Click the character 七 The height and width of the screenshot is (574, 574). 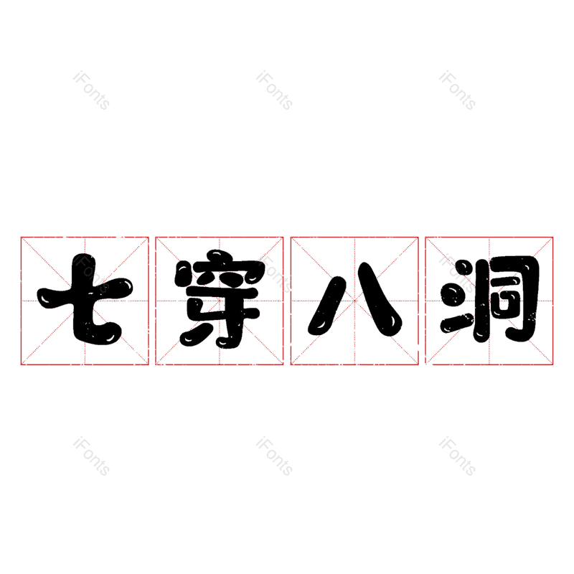[x=85, y=299]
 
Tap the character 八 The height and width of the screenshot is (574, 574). [x=354, y=299]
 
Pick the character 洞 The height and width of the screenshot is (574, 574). [x=490, y=299]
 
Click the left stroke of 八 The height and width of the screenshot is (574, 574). [x=327, y=306]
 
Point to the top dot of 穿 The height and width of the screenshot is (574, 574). [x=217, y=255]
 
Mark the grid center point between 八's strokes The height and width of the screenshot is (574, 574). [x=354, y=301]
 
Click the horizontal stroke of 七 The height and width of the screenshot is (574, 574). [x=85, y=293]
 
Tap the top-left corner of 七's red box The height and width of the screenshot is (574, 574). [x=22, y=237]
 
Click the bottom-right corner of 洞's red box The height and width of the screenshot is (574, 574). [x=552, y=364]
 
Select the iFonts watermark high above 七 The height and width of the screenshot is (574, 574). [x=92, y=90]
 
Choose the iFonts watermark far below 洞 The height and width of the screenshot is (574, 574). [x=457, y=456]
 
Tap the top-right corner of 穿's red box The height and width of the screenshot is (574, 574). [x=283, y=237]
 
